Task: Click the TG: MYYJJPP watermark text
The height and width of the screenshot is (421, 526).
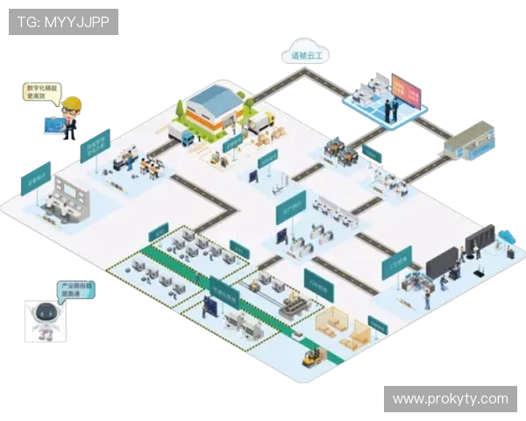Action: point(62,22)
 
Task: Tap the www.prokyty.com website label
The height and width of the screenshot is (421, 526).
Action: point(450,399)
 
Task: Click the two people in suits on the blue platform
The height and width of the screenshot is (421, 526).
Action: point(390,98)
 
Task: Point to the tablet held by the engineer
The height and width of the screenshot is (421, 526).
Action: point(53,125)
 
